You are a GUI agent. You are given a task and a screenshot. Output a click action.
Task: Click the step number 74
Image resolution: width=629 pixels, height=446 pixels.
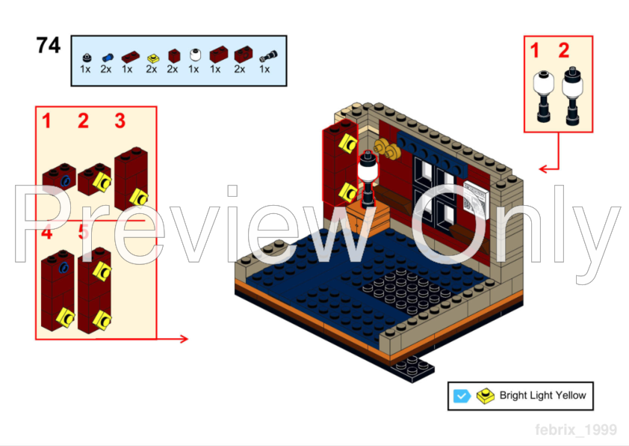[49, 46]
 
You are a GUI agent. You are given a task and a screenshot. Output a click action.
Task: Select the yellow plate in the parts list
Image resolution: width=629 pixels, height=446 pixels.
[152, 56]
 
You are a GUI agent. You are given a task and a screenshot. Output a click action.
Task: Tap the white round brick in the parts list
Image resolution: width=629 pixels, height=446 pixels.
[194, 55]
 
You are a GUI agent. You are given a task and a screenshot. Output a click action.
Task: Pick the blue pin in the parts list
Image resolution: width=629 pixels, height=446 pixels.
[108, 56]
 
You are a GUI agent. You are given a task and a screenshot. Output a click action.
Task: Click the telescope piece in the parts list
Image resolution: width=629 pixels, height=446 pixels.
[265, 55]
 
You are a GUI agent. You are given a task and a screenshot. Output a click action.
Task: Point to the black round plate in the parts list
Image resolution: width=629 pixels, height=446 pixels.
[86, 56]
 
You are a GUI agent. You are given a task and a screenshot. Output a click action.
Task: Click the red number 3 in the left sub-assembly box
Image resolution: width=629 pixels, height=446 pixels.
[120, 120]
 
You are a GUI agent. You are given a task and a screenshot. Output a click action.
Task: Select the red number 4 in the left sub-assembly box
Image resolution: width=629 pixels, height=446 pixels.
[47, 233]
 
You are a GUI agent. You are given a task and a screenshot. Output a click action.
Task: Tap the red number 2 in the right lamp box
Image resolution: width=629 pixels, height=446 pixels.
[563, 51]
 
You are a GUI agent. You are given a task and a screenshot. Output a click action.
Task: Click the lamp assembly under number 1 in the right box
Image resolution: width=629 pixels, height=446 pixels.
[542, 96]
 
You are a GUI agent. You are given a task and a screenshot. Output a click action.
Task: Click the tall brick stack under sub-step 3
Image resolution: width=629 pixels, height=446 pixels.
[131, 178]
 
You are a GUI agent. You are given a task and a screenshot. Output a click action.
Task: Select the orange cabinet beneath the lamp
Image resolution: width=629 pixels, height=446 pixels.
[367, 219]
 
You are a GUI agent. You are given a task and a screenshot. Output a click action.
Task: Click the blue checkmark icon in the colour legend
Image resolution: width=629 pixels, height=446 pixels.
[462, 396]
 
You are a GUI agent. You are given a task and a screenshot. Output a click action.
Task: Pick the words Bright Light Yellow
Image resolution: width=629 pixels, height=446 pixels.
[542, 396]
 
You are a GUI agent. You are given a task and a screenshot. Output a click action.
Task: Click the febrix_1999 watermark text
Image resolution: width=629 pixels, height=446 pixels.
[575, 430]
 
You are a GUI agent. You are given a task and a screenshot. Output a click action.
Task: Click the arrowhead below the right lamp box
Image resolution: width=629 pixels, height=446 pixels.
[543, 169]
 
